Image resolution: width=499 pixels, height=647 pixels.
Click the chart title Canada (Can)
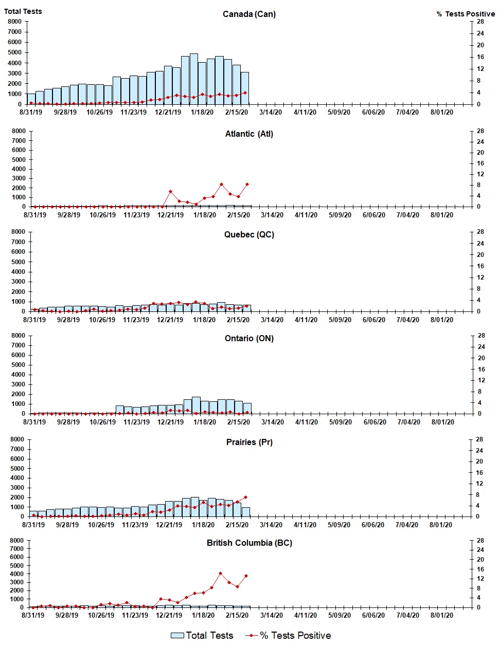(x=249, y=14)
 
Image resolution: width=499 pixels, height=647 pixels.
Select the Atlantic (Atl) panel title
(x=249, y=134)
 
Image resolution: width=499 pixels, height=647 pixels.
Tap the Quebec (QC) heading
(x=249, y=234)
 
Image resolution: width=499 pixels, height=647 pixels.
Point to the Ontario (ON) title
(x=249, y=338)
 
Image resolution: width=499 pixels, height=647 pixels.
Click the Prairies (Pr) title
(x=249, y=442)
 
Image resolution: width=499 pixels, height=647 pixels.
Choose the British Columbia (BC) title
(x=249, y=543)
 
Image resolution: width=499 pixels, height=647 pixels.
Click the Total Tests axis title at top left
(x=23, y=11)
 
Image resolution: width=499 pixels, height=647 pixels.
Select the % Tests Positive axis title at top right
(x=466, y=14)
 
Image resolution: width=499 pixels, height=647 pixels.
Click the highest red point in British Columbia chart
(x=220, y=573)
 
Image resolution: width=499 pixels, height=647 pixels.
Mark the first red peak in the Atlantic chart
(x=170, y=192)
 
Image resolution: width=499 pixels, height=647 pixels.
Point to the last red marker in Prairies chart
(x=245, y=497)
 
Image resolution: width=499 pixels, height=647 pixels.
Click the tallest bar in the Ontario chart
(x=196, y=405)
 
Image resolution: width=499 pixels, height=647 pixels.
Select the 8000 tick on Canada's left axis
(x=14, y=22)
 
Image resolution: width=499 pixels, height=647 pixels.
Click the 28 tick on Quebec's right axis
(x=480, y=232)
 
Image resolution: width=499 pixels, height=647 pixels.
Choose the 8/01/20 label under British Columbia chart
(x=441, y=615)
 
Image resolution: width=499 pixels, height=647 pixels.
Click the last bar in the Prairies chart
(x=245, y=512)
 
